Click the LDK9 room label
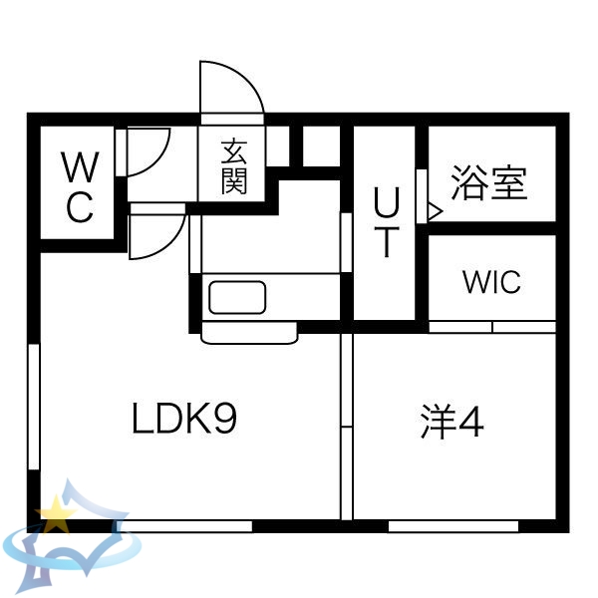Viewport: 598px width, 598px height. pos(184,421)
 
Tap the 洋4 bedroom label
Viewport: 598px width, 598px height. pos(450,424)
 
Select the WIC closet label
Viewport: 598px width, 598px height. pos(491,282)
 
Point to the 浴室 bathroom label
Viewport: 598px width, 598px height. pos(488,183)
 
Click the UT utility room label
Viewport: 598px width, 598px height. pos(387,223)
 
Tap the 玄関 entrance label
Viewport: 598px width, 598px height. pos(234,166)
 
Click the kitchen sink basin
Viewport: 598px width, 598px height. pos(236,297)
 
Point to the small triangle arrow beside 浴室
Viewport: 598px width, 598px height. pos(435,210)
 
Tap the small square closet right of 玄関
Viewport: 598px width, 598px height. pos(321,147)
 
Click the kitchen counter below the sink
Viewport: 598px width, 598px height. pos(249,332)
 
